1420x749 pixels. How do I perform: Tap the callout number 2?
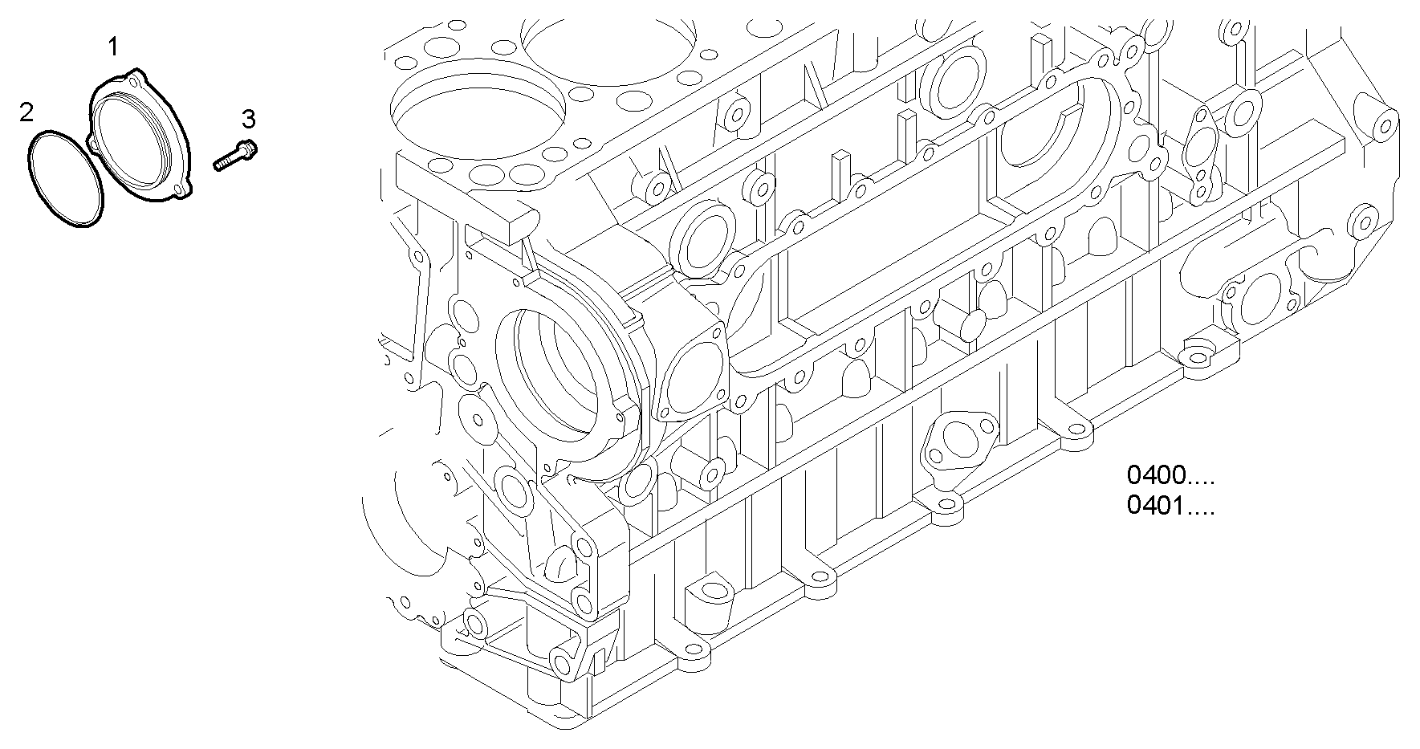[26, 112]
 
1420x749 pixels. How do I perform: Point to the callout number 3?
[249, 120]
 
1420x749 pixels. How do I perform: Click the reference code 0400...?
[1157, 476]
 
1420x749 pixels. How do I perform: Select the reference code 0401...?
[1157, 507]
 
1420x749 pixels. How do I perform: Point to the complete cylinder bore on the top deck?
[478, 105]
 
